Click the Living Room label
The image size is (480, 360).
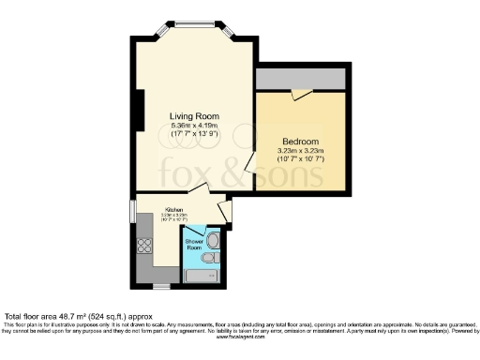click(194, 116)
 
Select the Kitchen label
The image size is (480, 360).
click(174, 210)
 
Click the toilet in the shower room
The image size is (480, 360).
click(213, 255)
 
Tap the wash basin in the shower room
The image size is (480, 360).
click(215, 238)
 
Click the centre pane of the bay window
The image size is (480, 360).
click(195, 24)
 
